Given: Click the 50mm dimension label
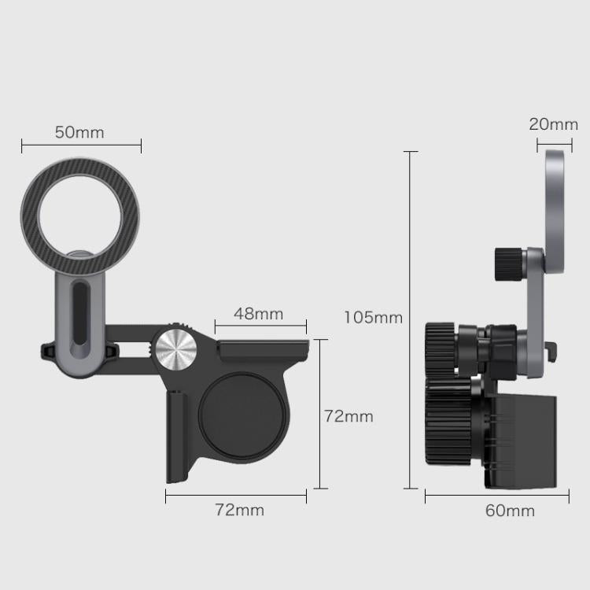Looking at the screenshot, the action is click(x=79, y=132).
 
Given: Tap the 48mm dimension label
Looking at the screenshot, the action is click(x=259, y=314).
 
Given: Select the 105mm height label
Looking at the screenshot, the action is click(x=373, y=318).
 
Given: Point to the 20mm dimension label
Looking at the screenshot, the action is click(x=553, y=124).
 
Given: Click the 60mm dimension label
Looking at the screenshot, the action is click(x=510, y=511).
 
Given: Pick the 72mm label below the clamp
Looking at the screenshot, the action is click(x=240, y=510).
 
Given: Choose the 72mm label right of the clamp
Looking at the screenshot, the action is click(x=348, y=416).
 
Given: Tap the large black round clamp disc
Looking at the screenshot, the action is click(x=242, y=415).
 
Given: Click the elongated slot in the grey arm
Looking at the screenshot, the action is click(x=79, y=313).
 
